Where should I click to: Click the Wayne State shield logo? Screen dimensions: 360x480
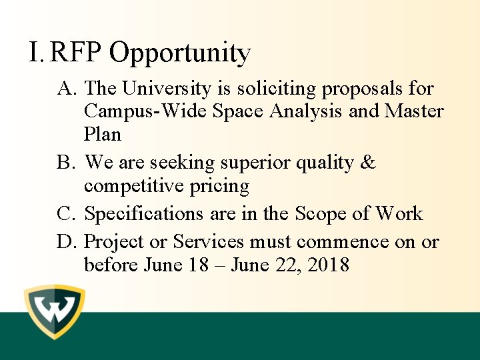pos(55,312)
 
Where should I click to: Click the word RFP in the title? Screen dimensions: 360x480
pos(77,52)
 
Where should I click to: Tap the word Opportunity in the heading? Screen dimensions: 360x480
pos(180,53)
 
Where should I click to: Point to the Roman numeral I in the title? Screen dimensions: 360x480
pos(35,52)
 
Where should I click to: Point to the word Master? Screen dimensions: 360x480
pos(414,111)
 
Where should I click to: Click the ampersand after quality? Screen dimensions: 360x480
pos(367,163)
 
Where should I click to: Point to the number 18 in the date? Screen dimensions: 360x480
pos(199,265)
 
